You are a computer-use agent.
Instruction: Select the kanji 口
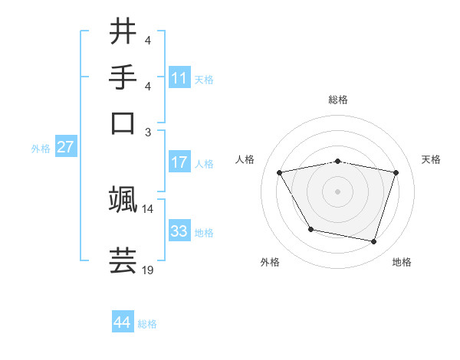coord(123,123)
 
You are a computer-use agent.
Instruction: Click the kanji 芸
coord(123,260)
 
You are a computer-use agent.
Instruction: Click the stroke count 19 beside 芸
coord(148,270)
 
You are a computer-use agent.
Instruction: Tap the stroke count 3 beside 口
coord(148,132)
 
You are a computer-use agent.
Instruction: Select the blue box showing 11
coord(179,77)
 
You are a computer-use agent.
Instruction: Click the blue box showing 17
coord(179,162)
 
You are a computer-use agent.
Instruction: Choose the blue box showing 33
coord(179,231)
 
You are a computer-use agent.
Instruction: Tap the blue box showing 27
coord(65,147)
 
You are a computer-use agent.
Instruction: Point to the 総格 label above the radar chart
coord(338,100)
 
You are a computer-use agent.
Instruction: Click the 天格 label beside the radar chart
coord(432,159)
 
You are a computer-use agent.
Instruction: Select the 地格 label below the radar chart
coord(402,262)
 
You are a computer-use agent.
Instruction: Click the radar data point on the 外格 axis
coord(310,229)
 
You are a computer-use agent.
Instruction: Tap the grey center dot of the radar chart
coord(338,191)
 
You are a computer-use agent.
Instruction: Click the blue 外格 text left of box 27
coord(41,149)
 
